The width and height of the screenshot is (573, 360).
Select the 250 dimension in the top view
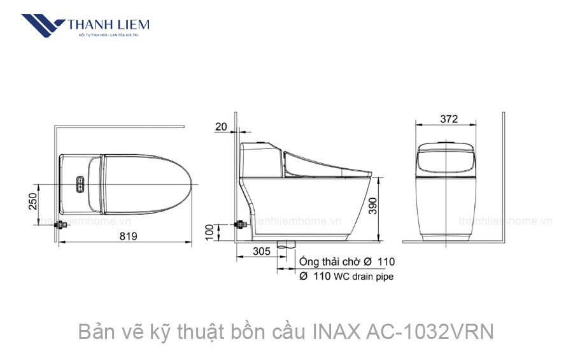33,201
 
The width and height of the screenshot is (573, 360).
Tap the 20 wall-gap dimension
221,126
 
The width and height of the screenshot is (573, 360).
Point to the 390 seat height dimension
381,205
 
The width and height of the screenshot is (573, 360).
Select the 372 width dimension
448,119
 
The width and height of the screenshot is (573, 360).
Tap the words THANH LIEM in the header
109,25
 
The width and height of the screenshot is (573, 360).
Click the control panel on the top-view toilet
80,184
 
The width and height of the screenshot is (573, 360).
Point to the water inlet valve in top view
60,225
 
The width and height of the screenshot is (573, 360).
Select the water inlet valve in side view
241,225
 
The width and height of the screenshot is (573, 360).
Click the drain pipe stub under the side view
288,245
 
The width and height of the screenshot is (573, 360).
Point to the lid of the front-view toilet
448,159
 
